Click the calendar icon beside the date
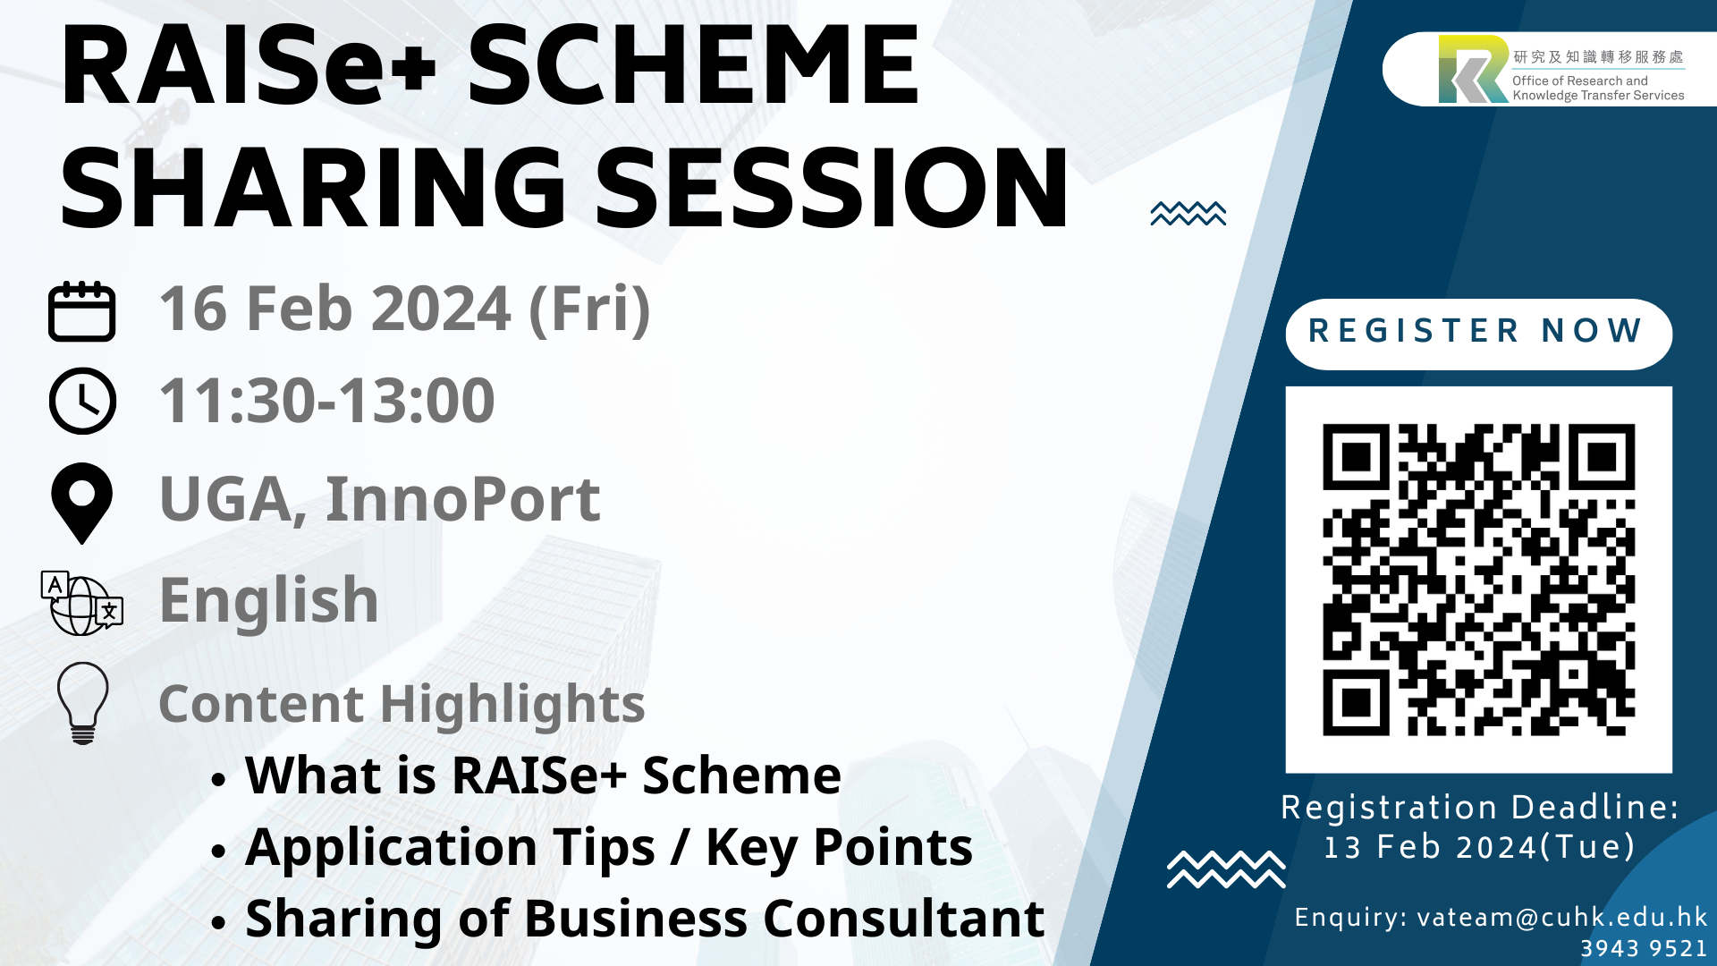[x=81, y=311]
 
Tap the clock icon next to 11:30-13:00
[x=82, y=401]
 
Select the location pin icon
[x=82, y=503]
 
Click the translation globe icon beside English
[x=82, y=604]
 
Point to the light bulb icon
[x=83, y=703]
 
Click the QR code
[x=1479, y=580]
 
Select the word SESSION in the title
[x=832, y=188]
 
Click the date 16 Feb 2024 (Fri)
[x=405, y=309]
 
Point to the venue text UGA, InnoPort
[x=380, y=498]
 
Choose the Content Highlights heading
[x=402, y=704]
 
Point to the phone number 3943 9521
[x=1644, y=948]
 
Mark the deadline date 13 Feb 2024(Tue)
[x=1479, y=847]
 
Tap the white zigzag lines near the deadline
[x=1226, y=869]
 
